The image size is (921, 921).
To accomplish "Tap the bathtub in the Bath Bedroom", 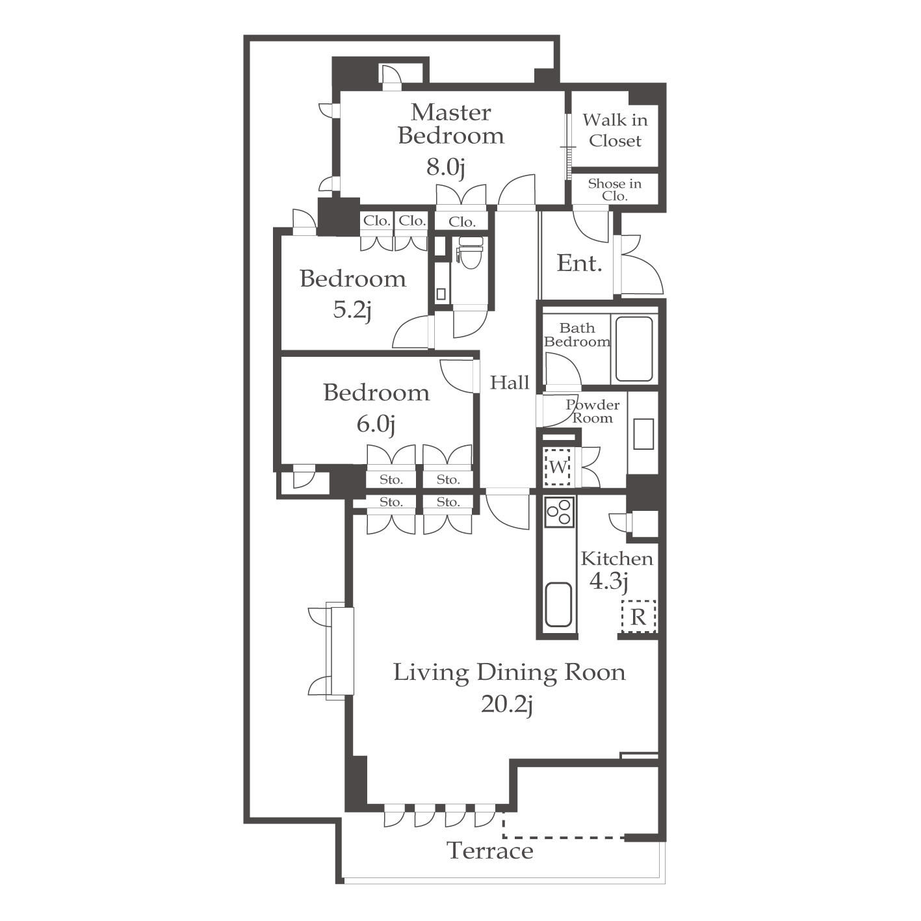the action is pos(634,349).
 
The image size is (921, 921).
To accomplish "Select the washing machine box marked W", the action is pos(557,467).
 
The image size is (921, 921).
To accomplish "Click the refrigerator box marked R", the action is pos(638,617).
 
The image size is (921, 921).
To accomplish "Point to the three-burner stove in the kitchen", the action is pos(559,512).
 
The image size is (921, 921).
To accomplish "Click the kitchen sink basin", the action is pos(558,604).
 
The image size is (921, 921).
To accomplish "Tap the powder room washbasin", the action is pos(643,434).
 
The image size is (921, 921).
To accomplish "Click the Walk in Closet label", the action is pos(615,130).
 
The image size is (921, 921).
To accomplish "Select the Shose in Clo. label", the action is pos(615,190).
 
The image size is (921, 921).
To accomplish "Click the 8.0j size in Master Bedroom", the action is pos(446,167).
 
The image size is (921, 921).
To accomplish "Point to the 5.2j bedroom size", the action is pos(352,310).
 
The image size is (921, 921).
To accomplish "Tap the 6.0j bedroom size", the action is pos(376,424).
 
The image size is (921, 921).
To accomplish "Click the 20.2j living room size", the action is pos(507,705).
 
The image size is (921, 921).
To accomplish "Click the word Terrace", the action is pos(490,851).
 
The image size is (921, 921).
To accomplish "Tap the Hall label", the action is pos(510,382).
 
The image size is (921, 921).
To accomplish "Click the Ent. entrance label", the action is pos(579,263).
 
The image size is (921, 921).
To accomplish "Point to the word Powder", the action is pos(593,404).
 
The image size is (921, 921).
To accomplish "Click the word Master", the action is pos(450,113).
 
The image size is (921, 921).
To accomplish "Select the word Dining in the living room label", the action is pos(517,673).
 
